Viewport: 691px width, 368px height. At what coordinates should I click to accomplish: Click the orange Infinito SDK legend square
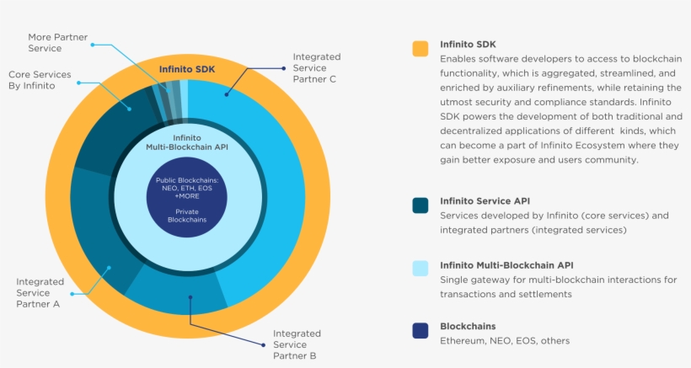click(x=420, y=49)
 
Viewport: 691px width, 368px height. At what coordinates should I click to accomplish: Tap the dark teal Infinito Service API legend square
click(x=420, y=205)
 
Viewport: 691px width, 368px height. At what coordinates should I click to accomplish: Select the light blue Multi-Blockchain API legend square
click(x=420, y=269)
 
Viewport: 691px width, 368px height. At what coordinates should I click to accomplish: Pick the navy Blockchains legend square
click(x=420, y=331)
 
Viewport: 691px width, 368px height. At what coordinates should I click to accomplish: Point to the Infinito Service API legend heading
click(x=486, y=201)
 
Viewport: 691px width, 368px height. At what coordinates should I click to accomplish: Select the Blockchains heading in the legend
click(x=468, y=326)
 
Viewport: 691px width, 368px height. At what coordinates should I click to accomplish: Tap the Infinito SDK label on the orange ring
click(x=186, y=68)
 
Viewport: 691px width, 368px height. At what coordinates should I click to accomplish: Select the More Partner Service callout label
click(x=56, y=43)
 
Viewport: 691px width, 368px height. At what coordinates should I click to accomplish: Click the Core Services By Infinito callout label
click(x=40, y=80)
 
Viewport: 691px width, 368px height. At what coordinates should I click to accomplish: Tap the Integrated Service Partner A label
click(x=39, y=292)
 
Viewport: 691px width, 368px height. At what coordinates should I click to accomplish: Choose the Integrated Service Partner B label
click(x=297, y=344)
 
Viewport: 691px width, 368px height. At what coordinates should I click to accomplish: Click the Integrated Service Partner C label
click(x=315, y=68)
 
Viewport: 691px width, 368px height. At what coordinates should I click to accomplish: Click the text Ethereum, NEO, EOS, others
click(x=505, y=341)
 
